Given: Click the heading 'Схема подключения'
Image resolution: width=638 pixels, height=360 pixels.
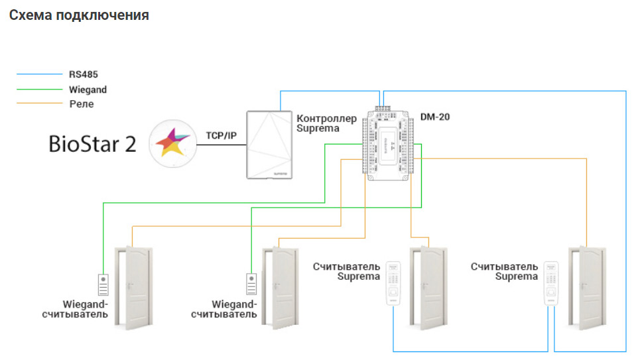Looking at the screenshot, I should point(79,15).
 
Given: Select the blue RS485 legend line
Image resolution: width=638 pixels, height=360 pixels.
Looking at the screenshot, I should point(37,74).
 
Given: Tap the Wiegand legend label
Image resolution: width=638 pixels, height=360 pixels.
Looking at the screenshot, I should point(88,90).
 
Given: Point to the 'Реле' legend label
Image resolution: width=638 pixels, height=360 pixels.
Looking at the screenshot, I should point(82,103).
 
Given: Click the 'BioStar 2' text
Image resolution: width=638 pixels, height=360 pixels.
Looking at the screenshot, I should point(93,144).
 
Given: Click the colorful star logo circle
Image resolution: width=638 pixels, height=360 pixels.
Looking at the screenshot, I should point(172,143).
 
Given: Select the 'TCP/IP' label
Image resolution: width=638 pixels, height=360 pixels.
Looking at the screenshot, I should point(222,135).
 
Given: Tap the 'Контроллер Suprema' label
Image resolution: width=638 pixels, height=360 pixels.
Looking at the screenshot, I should point(318,123).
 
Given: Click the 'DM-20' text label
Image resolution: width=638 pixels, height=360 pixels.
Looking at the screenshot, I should point(436,117).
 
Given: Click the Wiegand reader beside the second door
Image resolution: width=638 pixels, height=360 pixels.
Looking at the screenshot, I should point(251,286).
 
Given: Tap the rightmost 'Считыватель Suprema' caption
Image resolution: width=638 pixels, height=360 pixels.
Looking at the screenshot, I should point(504,271).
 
